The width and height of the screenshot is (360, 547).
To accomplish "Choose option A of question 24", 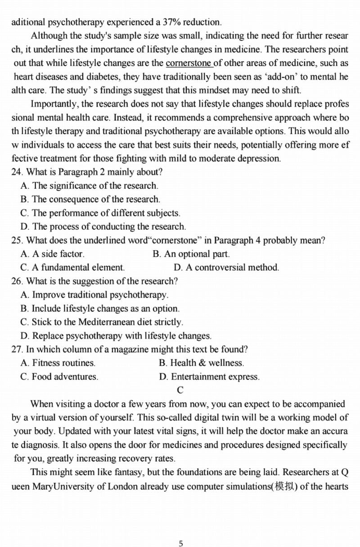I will (25, 185).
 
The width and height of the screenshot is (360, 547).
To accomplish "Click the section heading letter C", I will (180, 390).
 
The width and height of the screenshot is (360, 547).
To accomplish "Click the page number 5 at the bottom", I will (181, 543).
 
